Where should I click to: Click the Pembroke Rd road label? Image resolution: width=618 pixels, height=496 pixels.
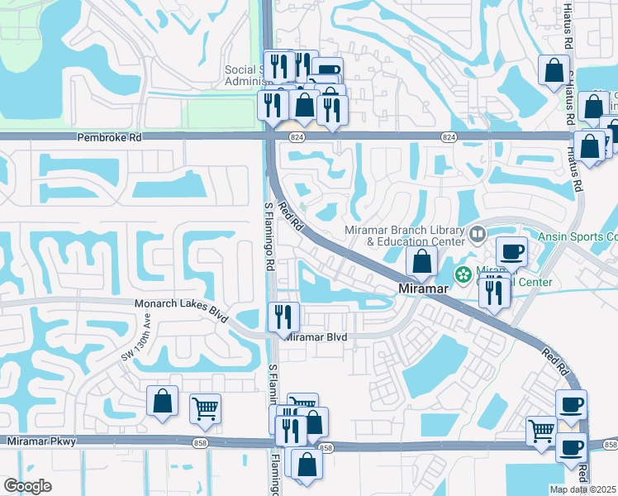[x=110, y=138]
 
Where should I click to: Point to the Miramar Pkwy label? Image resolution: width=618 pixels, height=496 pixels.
[x=41, y=442]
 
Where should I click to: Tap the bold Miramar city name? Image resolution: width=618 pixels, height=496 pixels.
[x=424, y=289]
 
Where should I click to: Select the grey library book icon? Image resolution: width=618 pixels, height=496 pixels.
[x=478, y=235]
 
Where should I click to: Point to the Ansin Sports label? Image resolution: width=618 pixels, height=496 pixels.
[x=577, y=236]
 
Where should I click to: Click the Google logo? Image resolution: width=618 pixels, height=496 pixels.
[x=27, y=486]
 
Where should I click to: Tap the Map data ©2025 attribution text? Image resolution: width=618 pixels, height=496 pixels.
[x=582, y=489]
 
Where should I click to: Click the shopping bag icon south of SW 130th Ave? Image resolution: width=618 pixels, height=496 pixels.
[x=163, y=401]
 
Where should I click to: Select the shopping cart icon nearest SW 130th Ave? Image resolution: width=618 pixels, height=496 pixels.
[x=205, y=407]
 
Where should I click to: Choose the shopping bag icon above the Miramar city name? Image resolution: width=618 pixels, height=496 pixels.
[x=421, y=261]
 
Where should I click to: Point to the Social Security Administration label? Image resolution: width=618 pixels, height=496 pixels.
[x=244, y=76]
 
